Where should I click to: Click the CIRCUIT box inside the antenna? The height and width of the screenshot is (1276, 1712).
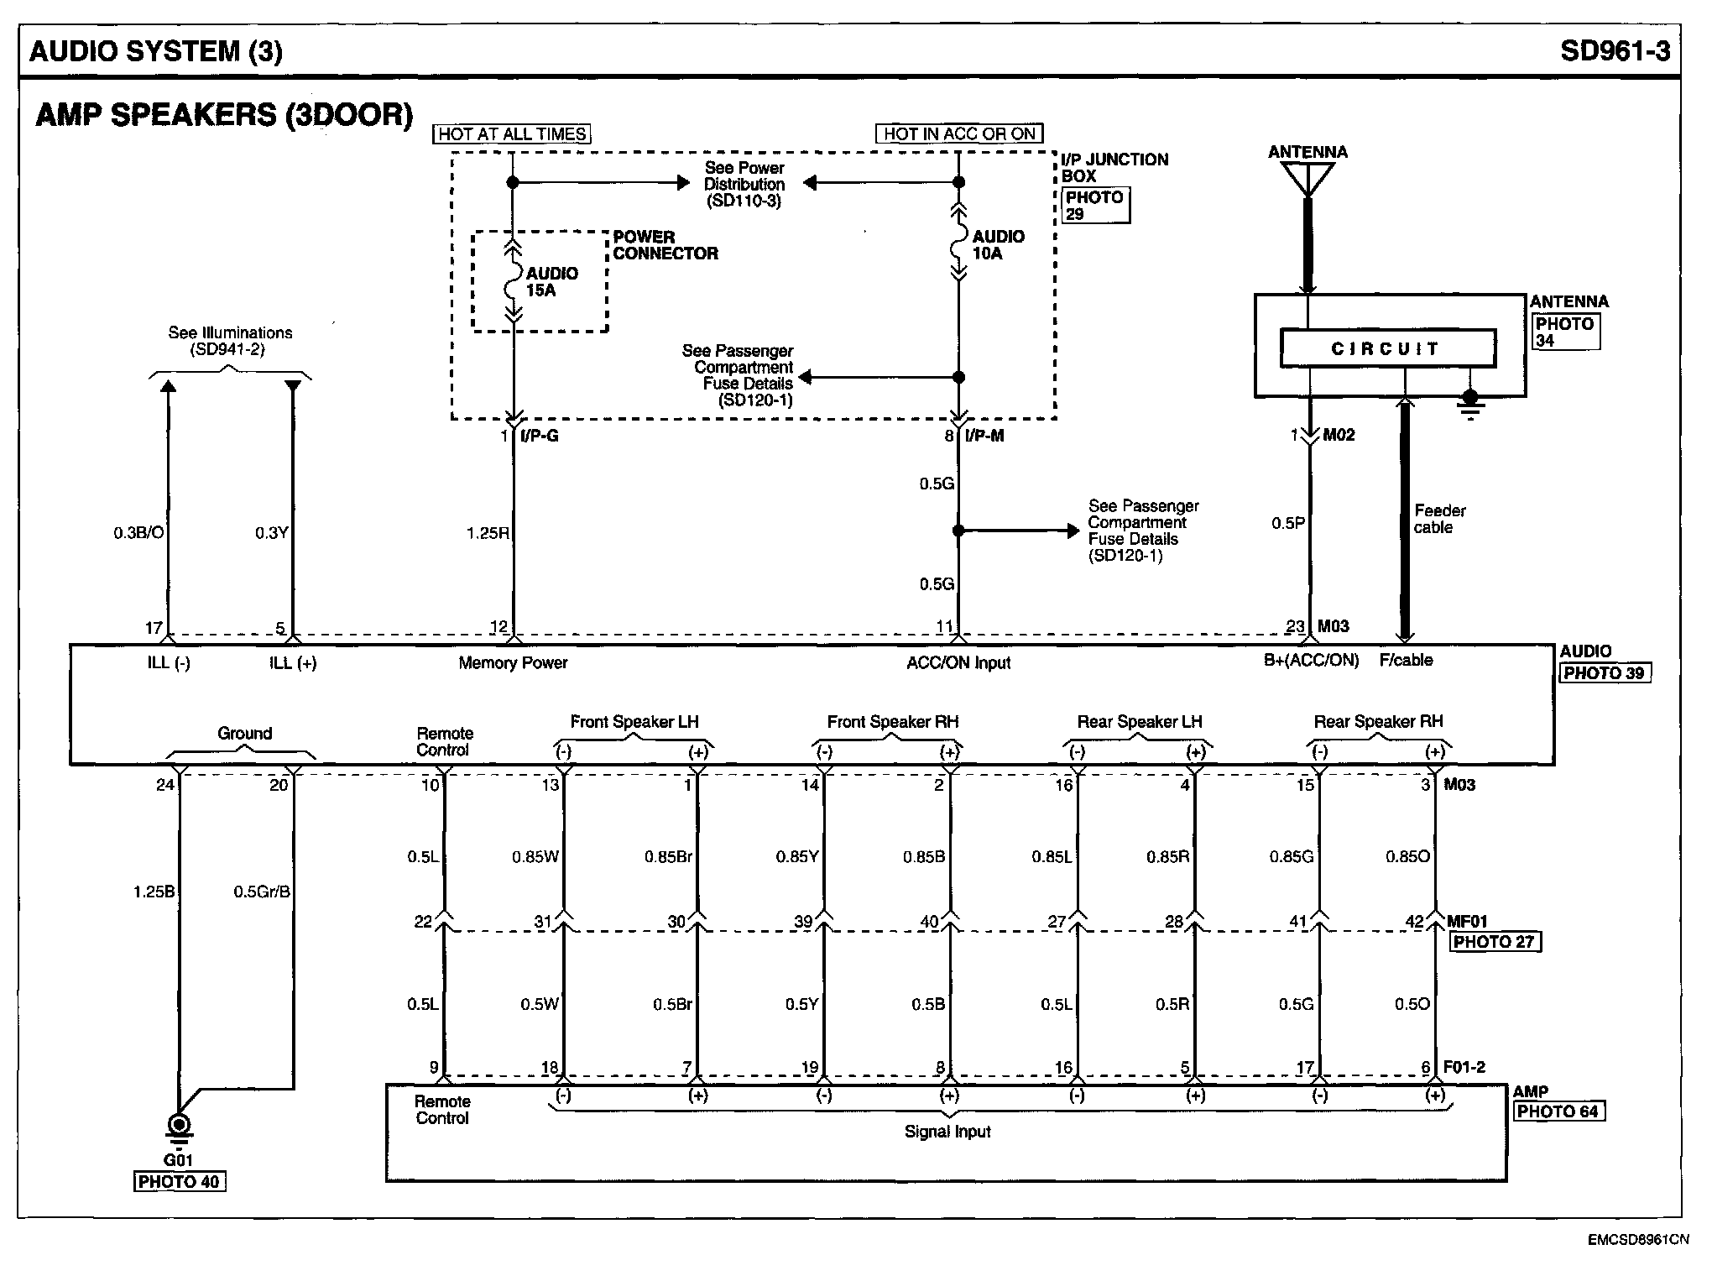point(1387,348)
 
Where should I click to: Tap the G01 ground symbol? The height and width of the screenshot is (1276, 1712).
point(179,1126)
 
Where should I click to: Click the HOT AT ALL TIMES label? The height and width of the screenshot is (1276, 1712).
point(512,134)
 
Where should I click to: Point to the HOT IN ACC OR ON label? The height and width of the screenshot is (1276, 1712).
point(959,134)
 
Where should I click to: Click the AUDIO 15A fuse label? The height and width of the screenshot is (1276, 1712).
point(551,282)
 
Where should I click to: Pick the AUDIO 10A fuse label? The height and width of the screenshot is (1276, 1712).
point(998,245)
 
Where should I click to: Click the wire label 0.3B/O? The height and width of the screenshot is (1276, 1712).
point(139,533)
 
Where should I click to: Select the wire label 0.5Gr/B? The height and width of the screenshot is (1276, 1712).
point(262,892)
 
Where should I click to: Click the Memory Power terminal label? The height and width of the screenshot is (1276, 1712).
point(513,663)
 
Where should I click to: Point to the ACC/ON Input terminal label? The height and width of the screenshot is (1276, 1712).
point(958,663)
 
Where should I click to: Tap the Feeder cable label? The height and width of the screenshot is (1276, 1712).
point(1439,519)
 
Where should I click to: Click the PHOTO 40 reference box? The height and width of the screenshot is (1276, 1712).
point(180,1182)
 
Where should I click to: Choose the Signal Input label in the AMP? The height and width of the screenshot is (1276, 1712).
point(947,1132)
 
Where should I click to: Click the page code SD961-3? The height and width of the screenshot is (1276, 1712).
point(1615,51)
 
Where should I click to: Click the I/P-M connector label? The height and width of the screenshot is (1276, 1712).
point(984,436)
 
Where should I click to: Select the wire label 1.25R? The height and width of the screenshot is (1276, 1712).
point(488,533)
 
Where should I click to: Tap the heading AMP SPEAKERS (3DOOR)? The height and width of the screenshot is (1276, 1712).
point(224,115)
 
